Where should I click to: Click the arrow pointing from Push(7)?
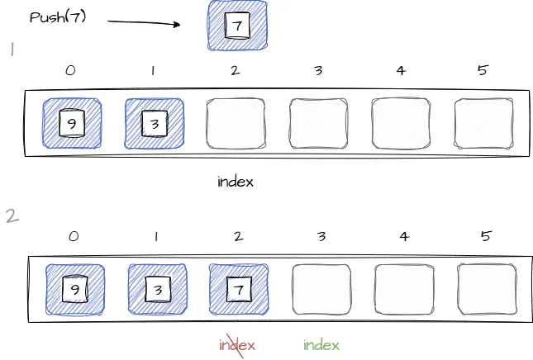[143, 21]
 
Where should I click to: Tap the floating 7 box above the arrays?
[237, 26]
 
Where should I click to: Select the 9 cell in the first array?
[71, 125]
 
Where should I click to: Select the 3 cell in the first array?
[154, 125]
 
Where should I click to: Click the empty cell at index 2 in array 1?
[236, 125]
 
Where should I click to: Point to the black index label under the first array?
[236, 182]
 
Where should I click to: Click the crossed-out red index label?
[237, 345]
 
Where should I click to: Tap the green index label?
[321, 345]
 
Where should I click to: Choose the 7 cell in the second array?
[240, 290]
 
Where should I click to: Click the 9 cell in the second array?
[74, 290]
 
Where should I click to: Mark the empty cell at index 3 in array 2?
[321, 290]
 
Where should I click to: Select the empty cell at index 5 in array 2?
[486, 290]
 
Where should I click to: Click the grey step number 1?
[12, 50]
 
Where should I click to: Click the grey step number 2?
[12, 216]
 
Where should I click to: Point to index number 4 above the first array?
[401, 71]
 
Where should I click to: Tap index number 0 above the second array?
[74, 237]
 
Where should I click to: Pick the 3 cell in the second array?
[157, 290]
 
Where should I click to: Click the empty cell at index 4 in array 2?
[404, 290]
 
